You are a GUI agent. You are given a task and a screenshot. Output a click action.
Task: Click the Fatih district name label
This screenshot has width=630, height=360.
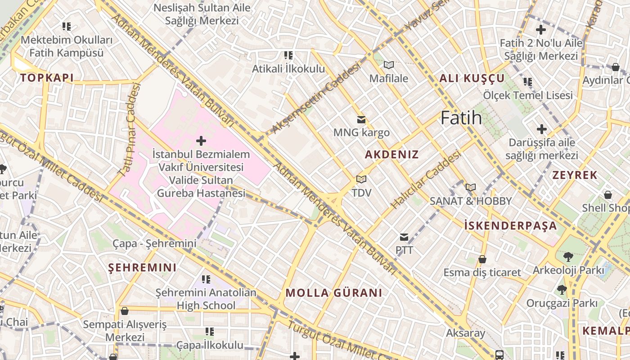pos(461,118)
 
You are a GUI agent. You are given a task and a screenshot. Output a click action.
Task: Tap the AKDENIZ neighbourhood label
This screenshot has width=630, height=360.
pos(391,155)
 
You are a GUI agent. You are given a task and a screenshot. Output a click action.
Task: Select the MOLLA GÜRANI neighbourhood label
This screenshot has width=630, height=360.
pos(334,293)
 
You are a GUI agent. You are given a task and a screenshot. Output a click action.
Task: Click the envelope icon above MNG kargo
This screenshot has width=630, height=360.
pos(361,120)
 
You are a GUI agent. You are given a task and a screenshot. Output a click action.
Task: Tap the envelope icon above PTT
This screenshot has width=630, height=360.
pos(404,237)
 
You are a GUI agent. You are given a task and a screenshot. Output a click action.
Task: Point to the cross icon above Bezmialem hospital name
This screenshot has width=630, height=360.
pos(201,141)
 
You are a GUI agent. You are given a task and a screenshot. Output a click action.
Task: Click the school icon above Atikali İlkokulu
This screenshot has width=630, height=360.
pos(288,56)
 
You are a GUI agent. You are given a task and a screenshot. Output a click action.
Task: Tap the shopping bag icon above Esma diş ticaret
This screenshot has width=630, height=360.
pos(482,260)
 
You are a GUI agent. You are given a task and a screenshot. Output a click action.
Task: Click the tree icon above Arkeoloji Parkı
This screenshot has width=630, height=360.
pos(568,257)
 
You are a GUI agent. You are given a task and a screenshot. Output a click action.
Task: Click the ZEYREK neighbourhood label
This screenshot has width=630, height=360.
pos(575,175)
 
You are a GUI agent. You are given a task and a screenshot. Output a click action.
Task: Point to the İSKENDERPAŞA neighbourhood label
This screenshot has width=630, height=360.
pos(510,226)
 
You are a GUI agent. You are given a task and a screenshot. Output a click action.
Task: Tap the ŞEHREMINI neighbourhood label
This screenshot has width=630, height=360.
pos(142,268)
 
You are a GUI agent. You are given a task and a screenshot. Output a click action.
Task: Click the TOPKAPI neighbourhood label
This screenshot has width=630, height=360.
pos(47,78)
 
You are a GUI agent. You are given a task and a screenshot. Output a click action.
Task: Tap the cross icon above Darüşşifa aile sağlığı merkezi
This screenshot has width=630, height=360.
pos(541,130)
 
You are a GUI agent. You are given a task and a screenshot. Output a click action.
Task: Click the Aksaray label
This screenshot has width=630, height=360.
pos(465,333)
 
